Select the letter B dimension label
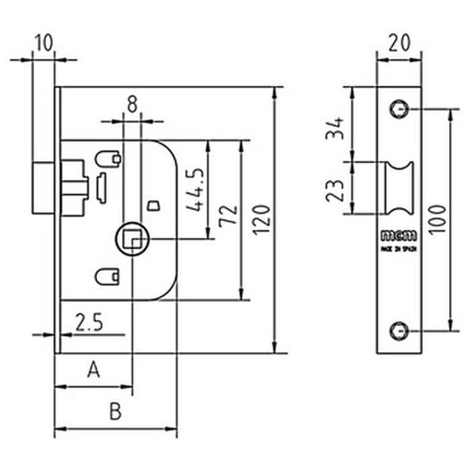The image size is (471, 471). (114, 411)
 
